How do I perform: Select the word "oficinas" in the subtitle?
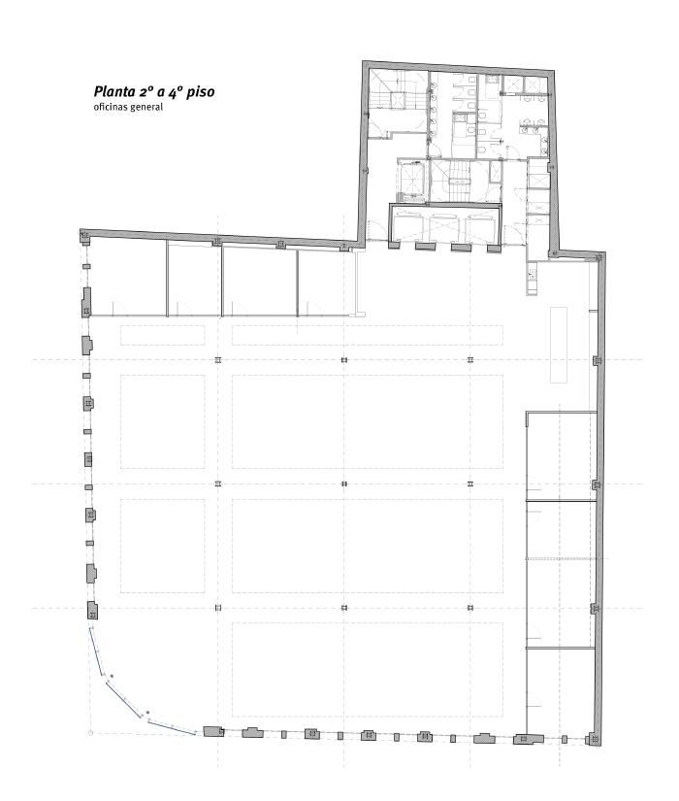109,107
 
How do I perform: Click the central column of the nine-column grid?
344,484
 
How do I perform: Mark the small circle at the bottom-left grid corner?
90,734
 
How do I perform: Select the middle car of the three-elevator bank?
444,226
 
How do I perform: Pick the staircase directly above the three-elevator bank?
458,182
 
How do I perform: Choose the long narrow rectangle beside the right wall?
559,345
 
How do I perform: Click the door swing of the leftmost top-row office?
119,309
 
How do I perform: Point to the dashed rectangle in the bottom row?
368,669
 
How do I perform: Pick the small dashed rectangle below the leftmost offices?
163,335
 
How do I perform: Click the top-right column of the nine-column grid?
470,359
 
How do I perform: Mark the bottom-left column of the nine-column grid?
218,608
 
